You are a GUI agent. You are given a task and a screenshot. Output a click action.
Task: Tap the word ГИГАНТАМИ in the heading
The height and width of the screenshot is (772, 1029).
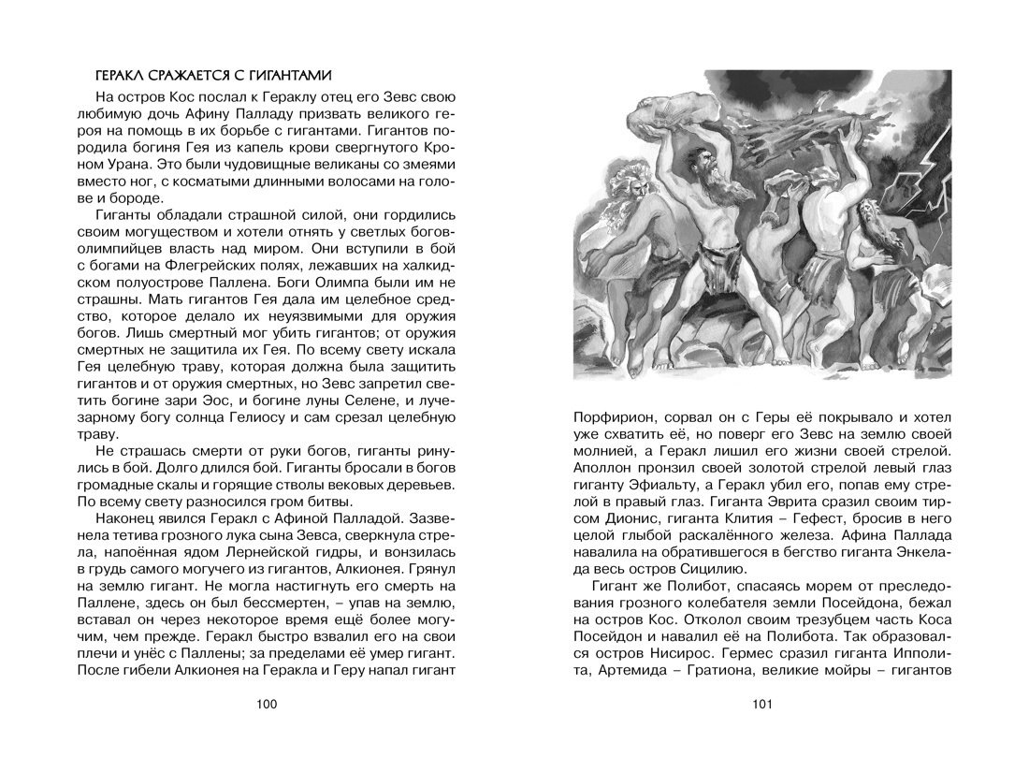click(x=284, y=75)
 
